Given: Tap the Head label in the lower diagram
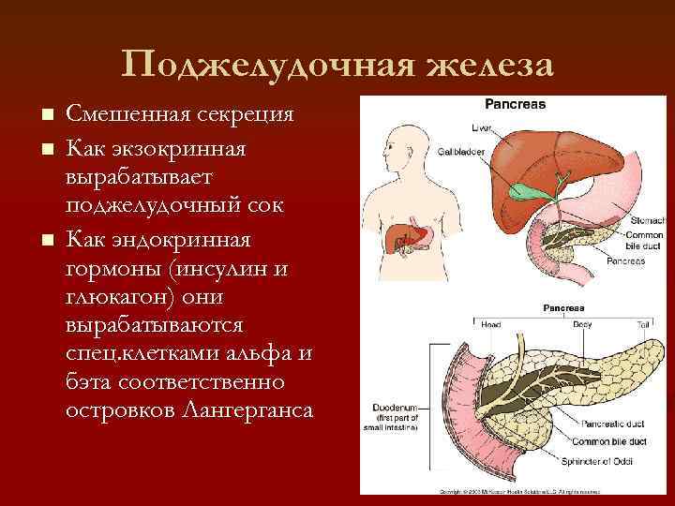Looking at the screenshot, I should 490,325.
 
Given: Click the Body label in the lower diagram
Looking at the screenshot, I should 581,325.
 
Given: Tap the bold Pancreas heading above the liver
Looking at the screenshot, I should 515,105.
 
